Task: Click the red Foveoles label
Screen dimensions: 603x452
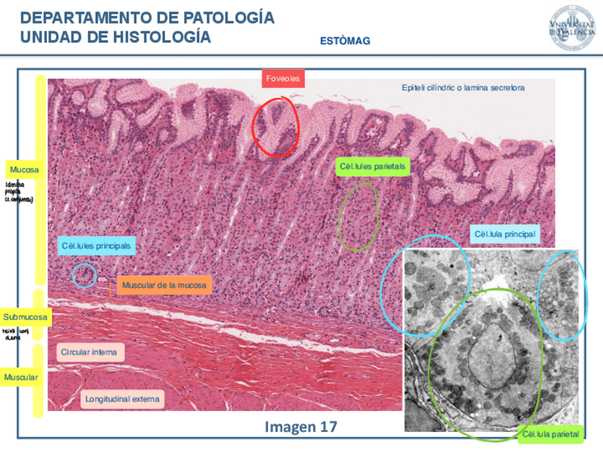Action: click(x=283, y=78)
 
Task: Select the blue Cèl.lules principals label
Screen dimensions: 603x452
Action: click(x=97, y=246)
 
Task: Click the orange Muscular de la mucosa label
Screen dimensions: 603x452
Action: click(x=164, y=286)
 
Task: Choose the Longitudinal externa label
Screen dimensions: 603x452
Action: click(x=122, y=399)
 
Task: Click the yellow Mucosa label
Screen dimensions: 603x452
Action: click(x=24, y=170)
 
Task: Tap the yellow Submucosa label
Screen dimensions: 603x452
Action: click(x=26, y=317)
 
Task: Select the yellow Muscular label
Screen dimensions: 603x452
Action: click(x=21, y=377)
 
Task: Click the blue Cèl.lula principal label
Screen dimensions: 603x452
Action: click(x=504, y=234)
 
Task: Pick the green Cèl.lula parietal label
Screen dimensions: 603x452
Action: click(x=551, y=434)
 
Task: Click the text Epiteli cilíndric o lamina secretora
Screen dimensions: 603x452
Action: click(x=463, y=87)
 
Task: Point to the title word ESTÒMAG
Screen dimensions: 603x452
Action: click(x=345, y=41)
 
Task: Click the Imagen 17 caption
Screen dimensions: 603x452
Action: click(x=301, y=426)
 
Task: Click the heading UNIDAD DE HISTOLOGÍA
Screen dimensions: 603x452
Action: click(x=116, y=37)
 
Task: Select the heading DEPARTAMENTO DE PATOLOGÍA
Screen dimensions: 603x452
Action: click(x=147, y=18)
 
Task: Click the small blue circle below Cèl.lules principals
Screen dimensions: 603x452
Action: click(x=85, y=275)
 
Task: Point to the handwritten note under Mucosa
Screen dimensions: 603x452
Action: click(x=18, y=192)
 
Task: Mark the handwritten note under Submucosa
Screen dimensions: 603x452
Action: click(x=15, y=334)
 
